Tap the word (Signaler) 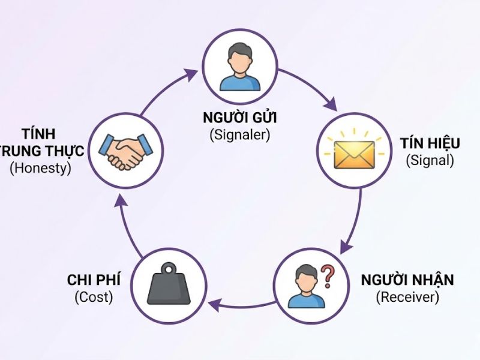[x=240, y=134]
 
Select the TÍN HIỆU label [x=430, y=143]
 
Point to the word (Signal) [x=430, y=160]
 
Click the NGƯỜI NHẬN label [x=407, y=280]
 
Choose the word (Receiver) [x=407, y=296]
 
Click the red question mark [x=328, y=276]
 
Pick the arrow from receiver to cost [x=240, y=307]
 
